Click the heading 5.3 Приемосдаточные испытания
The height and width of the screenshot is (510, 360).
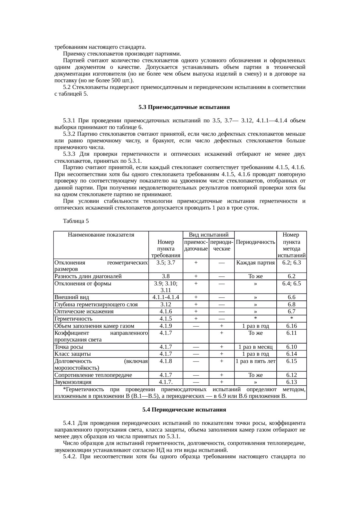[184, 107]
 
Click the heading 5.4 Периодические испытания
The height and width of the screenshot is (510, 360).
[184, 410]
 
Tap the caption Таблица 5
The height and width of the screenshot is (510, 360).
[76, 221]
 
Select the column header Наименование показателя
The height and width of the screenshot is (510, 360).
[101, 235]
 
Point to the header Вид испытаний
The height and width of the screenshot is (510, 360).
[208, 235]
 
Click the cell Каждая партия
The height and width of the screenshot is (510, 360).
[255, 263]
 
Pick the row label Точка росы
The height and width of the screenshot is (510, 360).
[69, 347]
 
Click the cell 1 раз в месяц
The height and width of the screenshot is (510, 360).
[255, 347]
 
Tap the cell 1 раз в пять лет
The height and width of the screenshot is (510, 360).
[255, 361]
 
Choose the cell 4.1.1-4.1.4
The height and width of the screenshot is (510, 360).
[165, 297]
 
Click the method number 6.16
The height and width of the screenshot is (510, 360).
[291, 326]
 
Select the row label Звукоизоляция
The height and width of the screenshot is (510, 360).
[73, 382]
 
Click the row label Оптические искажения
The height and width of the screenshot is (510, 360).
[84, 312]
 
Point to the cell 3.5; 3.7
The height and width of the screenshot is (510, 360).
[165, 263]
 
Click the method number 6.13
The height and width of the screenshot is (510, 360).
[291, 382]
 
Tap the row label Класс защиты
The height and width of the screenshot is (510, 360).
[73, 354]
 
